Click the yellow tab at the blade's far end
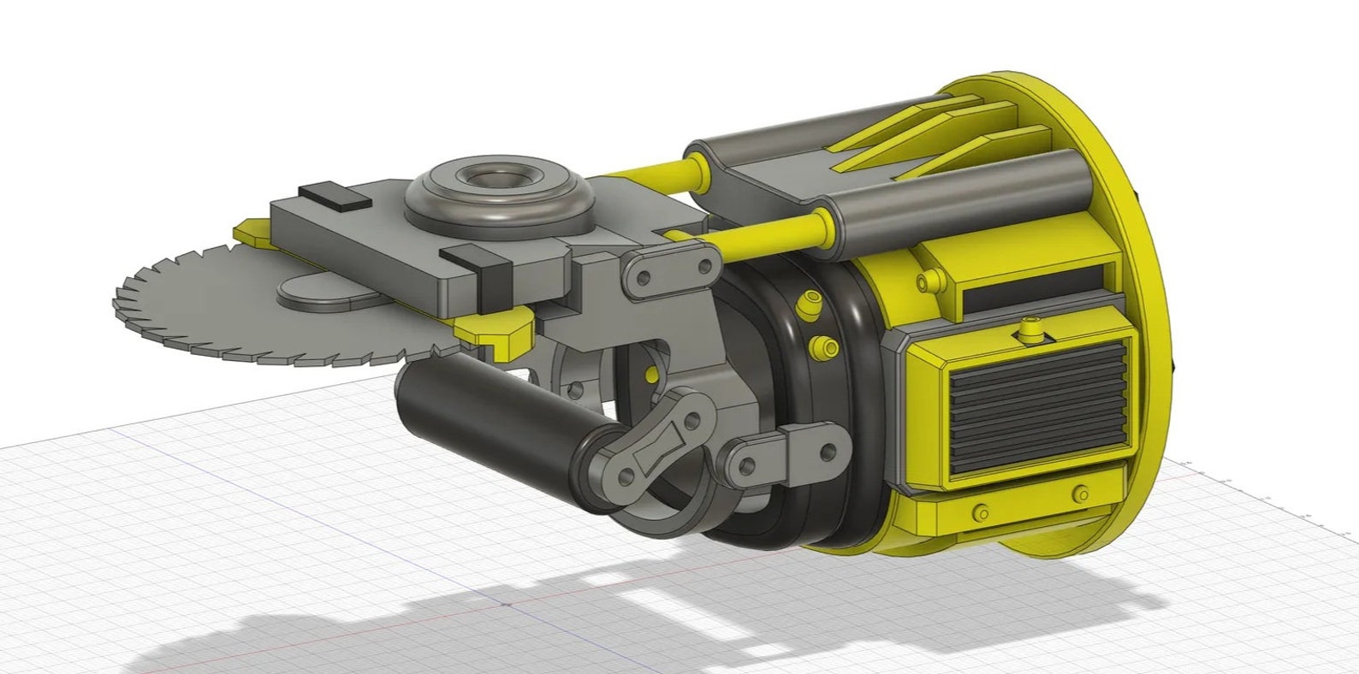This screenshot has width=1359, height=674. tap(249, 230)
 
